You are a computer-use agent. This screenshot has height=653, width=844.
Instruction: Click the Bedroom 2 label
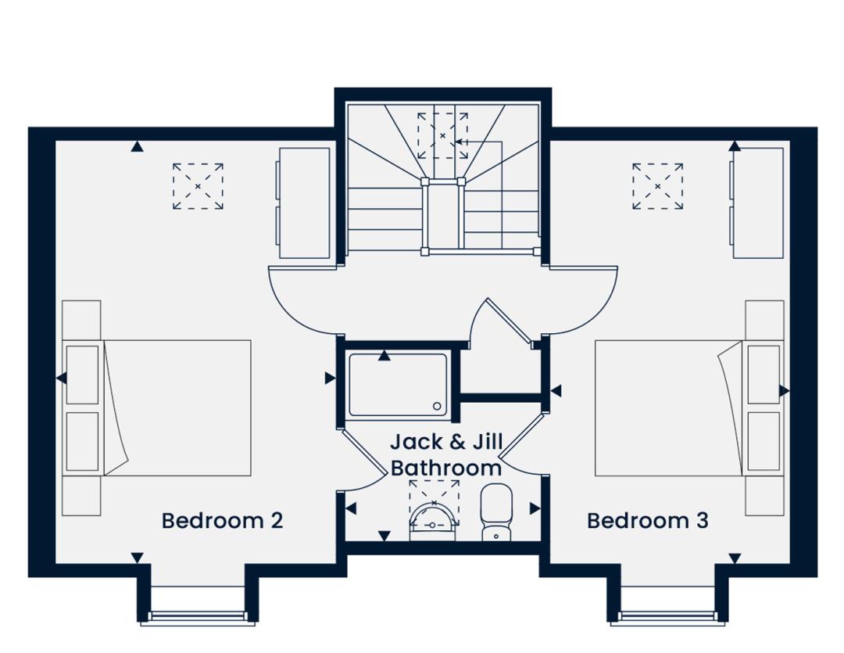pos(222,521)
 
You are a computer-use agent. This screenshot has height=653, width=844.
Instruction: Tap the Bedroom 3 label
pos(648,521)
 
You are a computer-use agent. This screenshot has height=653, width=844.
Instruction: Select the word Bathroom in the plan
pos(446,467)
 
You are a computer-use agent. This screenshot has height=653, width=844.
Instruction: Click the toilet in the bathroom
pos(496,511)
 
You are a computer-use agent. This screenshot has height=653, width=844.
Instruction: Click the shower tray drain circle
pos(437,406)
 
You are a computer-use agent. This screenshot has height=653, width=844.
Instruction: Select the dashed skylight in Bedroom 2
pos(198,186)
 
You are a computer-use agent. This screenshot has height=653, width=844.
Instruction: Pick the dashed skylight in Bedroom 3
pos(658,186)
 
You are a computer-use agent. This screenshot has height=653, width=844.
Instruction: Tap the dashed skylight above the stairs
pos(442,136)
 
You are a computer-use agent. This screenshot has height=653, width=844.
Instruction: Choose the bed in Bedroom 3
pos(689,408)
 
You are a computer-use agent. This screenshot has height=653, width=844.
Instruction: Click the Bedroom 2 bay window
pos(198,618)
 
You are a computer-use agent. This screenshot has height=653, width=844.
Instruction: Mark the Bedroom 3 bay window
pos(667,618)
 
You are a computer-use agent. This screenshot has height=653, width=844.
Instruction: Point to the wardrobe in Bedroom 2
pos(303,203)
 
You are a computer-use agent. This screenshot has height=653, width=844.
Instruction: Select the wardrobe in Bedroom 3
pos(756,203)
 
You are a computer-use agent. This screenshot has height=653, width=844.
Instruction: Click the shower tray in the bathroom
pos(399,386)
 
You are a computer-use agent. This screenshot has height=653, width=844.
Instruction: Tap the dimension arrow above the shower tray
pos(384,356)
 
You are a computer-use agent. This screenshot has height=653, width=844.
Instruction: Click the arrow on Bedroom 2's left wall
pos(62,379)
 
